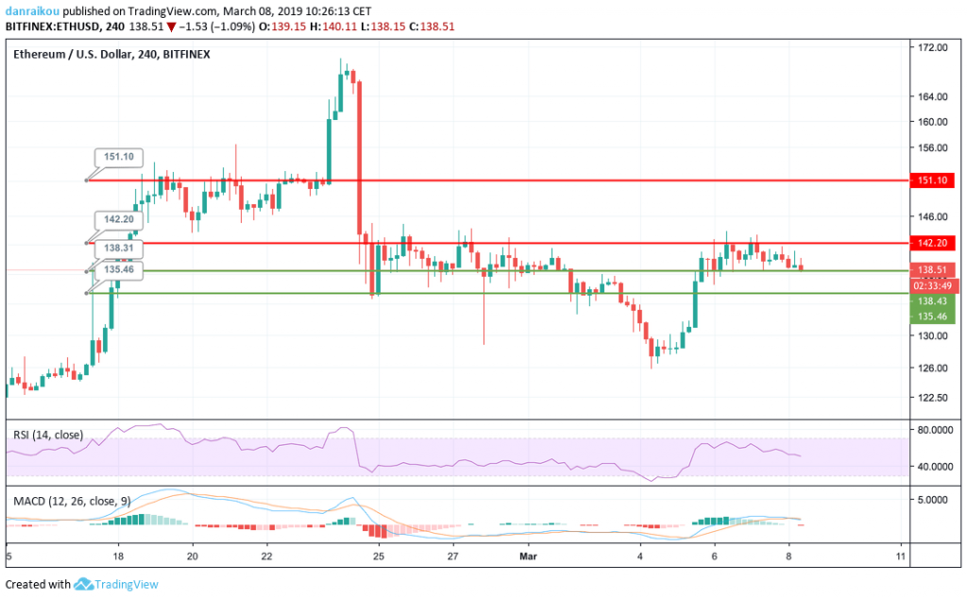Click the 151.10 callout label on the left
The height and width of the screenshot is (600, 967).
(x=115, y=158)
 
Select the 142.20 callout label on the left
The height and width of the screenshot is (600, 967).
(x=115, y=219)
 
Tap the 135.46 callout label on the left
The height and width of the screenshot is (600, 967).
(x=115, y=269)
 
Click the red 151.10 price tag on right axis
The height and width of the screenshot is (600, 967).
(x=932, y=180)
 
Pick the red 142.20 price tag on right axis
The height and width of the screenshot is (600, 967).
(x=932, y=243)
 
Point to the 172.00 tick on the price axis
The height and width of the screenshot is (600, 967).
(x=933, y=47)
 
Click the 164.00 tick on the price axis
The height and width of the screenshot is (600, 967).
(x=933, y=96)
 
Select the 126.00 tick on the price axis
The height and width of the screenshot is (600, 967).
(x=933, y=368)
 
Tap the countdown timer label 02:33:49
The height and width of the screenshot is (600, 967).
(x=932, y=284)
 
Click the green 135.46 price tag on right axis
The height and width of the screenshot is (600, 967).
(x=932, y=316)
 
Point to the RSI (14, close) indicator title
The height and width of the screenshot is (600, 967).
(x=48, y=435)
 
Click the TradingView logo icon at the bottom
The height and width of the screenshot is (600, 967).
(x=83, y=585)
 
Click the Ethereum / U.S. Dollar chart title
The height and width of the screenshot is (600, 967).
(x=111, y=54)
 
